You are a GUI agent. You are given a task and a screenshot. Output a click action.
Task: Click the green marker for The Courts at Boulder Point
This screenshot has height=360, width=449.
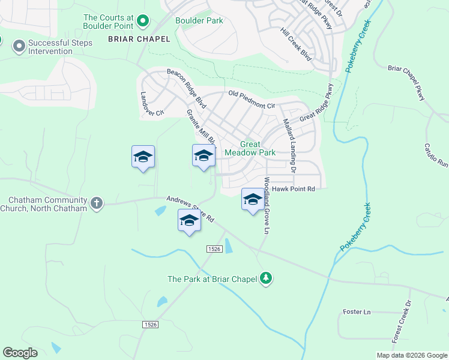pos(143,22)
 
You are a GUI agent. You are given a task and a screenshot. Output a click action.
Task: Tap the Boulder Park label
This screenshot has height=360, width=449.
pos(199,20)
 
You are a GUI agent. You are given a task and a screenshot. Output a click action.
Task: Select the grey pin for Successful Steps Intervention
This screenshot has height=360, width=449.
pos(19,46)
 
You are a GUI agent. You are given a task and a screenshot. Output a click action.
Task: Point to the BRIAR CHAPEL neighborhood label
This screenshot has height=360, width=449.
pos(139,39)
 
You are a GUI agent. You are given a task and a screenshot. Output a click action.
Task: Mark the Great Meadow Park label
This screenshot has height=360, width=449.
pos(250,148)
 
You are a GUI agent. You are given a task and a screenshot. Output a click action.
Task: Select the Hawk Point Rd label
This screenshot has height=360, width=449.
pos(294,188)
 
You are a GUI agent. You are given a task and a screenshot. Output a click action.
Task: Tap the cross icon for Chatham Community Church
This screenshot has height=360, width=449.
pos(96,203)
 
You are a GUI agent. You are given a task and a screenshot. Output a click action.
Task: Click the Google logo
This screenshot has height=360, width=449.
pos(20,352)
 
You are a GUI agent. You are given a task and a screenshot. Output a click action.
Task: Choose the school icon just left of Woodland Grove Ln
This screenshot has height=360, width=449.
pos(253,199)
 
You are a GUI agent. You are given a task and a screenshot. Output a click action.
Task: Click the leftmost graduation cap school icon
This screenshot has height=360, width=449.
pos(143,157)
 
